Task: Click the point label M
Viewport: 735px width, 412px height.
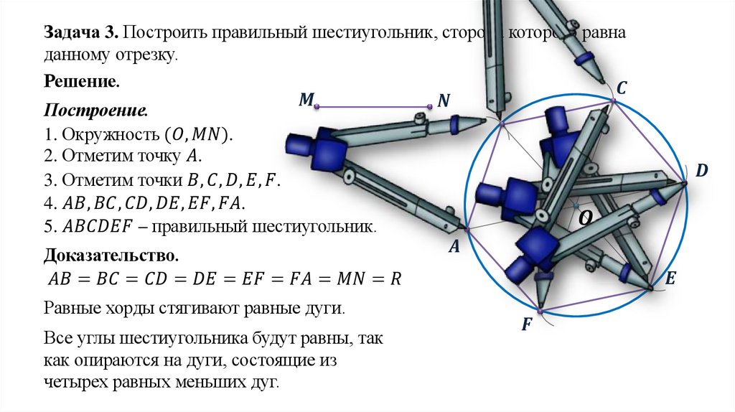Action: point(306,100)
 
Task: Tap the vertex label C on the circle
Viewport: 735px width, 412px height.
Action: point(622,88)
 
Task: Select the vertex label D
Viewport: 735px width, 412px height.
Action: point(701,170)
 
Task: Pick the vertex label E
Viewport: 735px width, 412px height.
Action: point(670,278)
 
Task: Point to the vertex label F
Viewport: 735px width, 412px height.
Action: point(526,324)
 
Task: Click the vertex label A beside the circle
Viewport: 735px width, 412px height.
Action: point(454,247)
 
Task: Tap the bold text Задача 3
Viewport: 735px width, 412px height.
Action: point(82,34)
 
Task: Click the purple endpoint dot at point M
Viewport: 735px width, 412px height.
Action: point(317,107)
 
